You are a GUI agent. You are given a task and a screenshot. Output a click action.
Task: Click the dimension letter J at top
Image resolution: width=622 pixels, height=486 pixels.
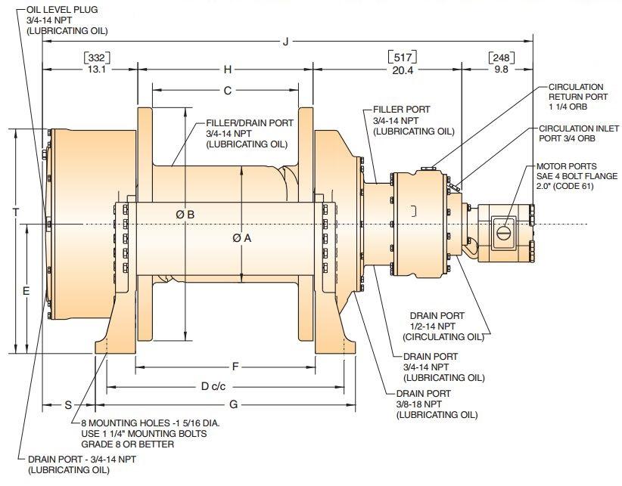pos(285,42)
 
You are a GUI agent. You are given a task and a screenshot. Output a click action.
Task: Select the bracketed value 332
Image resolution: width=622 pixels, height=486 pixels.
pos(97,58)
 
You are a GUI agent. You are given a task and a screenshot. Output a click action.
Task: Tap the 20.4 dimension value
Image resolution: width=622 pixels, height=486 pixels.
pos(403,70)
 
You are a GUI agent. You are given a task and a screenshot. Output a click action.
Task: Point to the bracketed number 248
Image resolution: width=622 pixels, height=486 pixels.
pos(501,58)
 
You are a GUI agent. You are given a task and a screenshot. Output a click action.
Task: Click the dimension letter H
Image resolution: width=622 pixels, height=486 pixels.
pos(227,70)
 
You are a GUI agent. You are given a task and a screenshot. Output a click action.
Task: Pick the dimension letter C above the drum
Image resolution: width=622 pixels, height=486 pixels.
pos(227,91)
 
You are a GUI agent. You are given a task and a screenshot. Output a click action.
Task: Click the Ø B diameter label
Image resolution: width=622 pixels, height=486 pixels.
pos(185,215)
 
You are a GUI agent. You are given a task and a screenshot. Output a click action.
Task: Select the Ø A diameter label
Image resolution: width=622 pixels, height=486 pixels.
pos(242,238)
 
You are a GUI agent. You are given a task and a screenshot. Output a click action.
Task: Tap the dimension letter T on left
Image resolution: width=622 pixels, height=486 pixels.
pos(15,212)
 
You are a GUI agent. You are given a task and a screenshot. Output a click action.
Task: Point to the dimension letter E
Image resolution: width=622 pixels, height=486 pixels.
pos(26,292)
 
